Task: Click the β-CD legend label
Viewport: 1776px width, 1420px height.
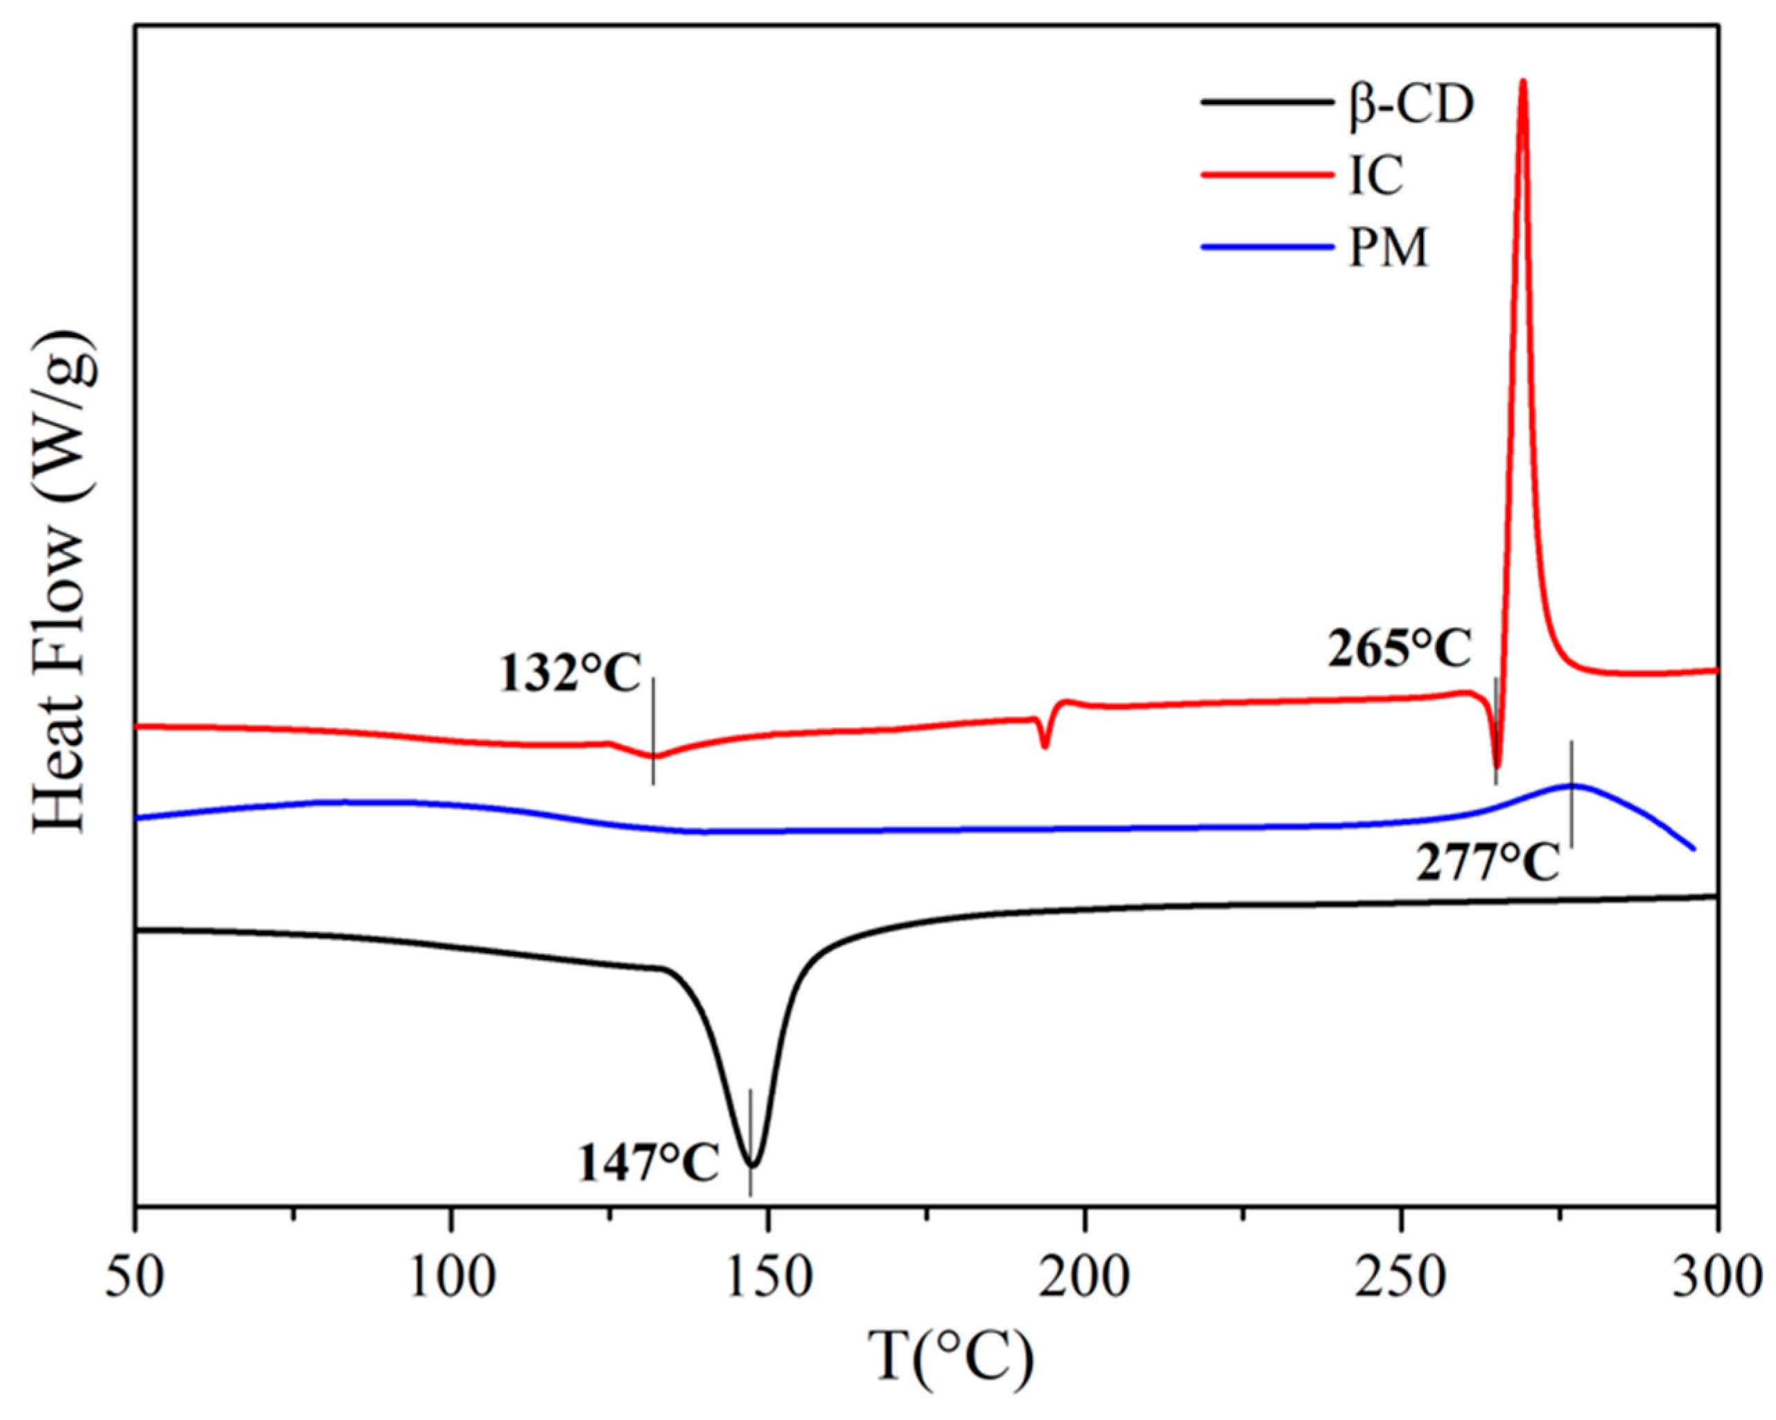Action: [x=1410, y=106]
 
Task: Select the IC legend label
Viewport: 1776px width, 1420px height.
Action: [x=1375, y=176]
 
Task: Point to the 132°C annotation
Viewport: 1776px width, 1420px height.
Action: [x=568, y=674]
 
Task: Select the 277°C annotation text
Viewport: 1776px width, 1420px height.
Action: [x=1488, y=864]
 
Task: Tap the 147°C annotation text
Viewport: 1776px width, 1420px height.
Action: [x=648, y=1163]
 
